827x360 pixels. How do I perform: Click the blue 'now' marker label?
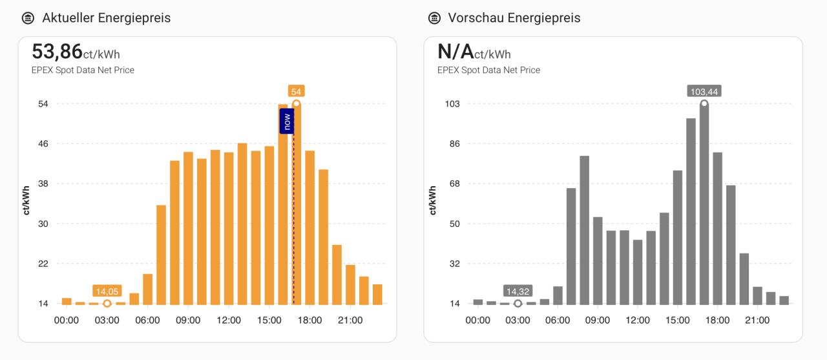[x=287, y=121]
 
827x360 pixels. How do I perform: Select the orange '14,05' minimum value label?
[x=107, y=291]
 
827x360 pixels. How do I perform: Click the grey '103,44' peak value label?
[x=704, y=92]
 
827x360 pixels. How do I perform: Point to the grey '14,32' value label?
[x=518, y=291]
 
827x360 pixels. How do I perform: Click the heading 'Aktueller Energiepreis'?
[x=107, y=18]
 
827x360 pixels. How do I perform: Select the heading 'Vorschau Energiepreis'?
[x=514, y=18]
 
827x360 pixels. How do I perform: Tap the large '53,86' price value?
[x=57, y=51]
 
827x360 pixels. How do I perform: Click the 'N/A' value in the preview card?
[x=455, y=51]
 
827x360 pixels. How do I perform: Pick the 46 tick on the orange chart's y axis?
[x=43, y=143]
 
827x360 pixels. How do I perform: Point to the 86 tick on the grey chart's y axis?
[x=454, y=143]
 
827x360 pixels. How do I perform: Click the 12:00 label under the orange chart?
[x=229, y=320]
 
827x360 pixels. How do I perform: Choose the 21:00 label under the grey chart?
[x=757, y=320]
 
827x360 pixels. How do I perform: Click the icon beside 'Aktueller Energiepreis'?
[x=28, y=18]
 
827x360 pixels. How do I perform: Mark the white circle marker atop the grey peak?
[x=704, y=103]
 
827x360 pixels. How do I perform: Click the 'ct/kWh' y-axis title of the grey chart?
[x=433, y=200]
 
